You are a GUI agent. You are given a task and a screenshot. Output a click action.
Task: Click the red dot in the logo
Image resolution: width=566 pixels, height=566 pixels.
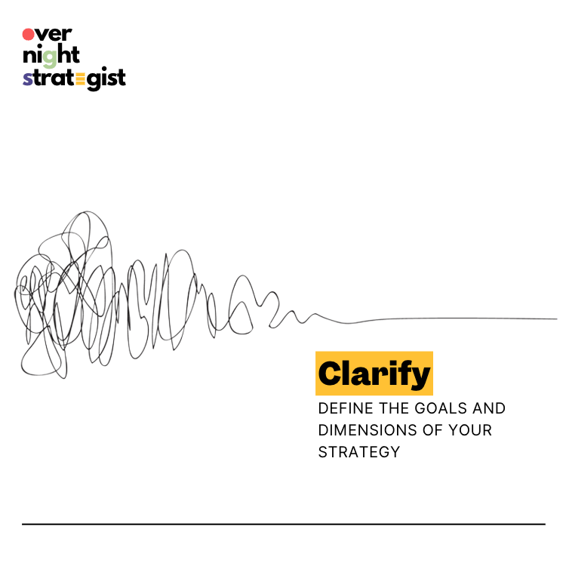(x=28, y=35)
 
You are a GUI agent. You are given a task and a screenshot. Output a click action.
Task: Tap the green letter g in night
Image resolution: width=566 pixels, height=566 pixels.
(x=50, y=58)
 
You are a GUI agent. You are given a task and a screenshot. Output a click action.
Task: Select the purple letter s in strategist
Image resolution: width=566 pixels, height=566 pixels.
(x=27, y=78)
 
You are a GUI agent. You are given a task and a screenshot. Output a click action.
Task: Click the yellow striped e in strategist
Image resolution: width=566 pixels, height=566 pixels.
(x=81, y=79)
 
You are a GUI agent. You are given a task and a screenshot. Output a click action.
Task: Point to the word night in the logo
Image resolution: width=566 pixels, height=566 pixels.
(x=51, y=57)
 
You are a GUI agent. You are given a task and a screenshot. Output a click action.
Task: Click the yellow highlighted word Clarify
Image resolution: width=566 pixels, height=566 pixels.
(x=374, y=374)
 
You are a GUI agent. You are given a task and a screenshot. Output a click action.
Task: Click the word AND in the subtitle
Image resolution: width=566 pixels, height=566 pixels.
(x=489, y=408)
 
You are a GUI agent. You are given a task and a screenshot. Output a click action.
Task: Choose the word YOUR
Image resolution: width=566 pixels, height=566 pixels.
(x=470, y=430)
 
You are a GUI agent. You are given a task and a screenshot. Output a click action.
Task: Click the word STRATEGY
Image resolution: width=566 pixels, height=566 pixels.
(x=359, y=452)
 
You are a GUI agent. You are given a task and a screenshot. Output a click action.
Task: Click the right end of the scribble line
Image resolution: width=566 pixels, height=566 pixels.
(x=557, y=318)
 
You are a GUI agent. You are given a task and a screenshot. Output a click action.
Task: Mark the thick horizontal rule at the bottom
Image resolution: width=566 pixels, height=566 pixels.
(x=284, y=524)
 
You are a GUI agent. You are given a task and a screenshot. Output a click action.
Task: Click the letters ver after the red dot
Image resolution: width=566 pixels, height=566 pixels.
(x=54, y=35)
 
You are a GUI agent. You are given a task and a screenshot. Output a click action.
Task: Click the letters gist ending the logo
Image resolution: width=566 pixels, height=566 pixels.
(x=106, y=78)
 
